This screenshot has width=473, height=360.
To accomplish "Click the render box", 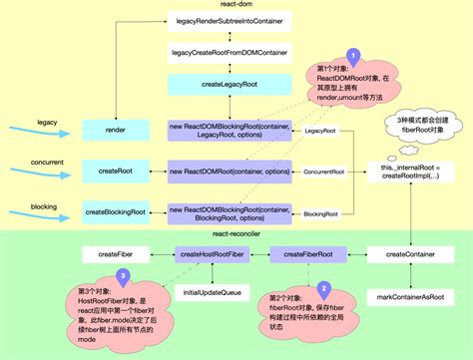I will pos(116,131).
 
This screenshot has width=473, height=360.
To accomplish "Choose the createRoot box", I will pos(116,172).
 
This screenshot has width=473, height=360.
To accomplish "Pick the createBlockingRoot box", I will pos(116,212).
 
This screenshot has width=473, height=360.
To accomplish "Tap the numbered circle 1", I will pos(351,56).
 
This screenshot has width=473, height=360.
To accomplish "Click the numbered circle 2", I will pos(323,286).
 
